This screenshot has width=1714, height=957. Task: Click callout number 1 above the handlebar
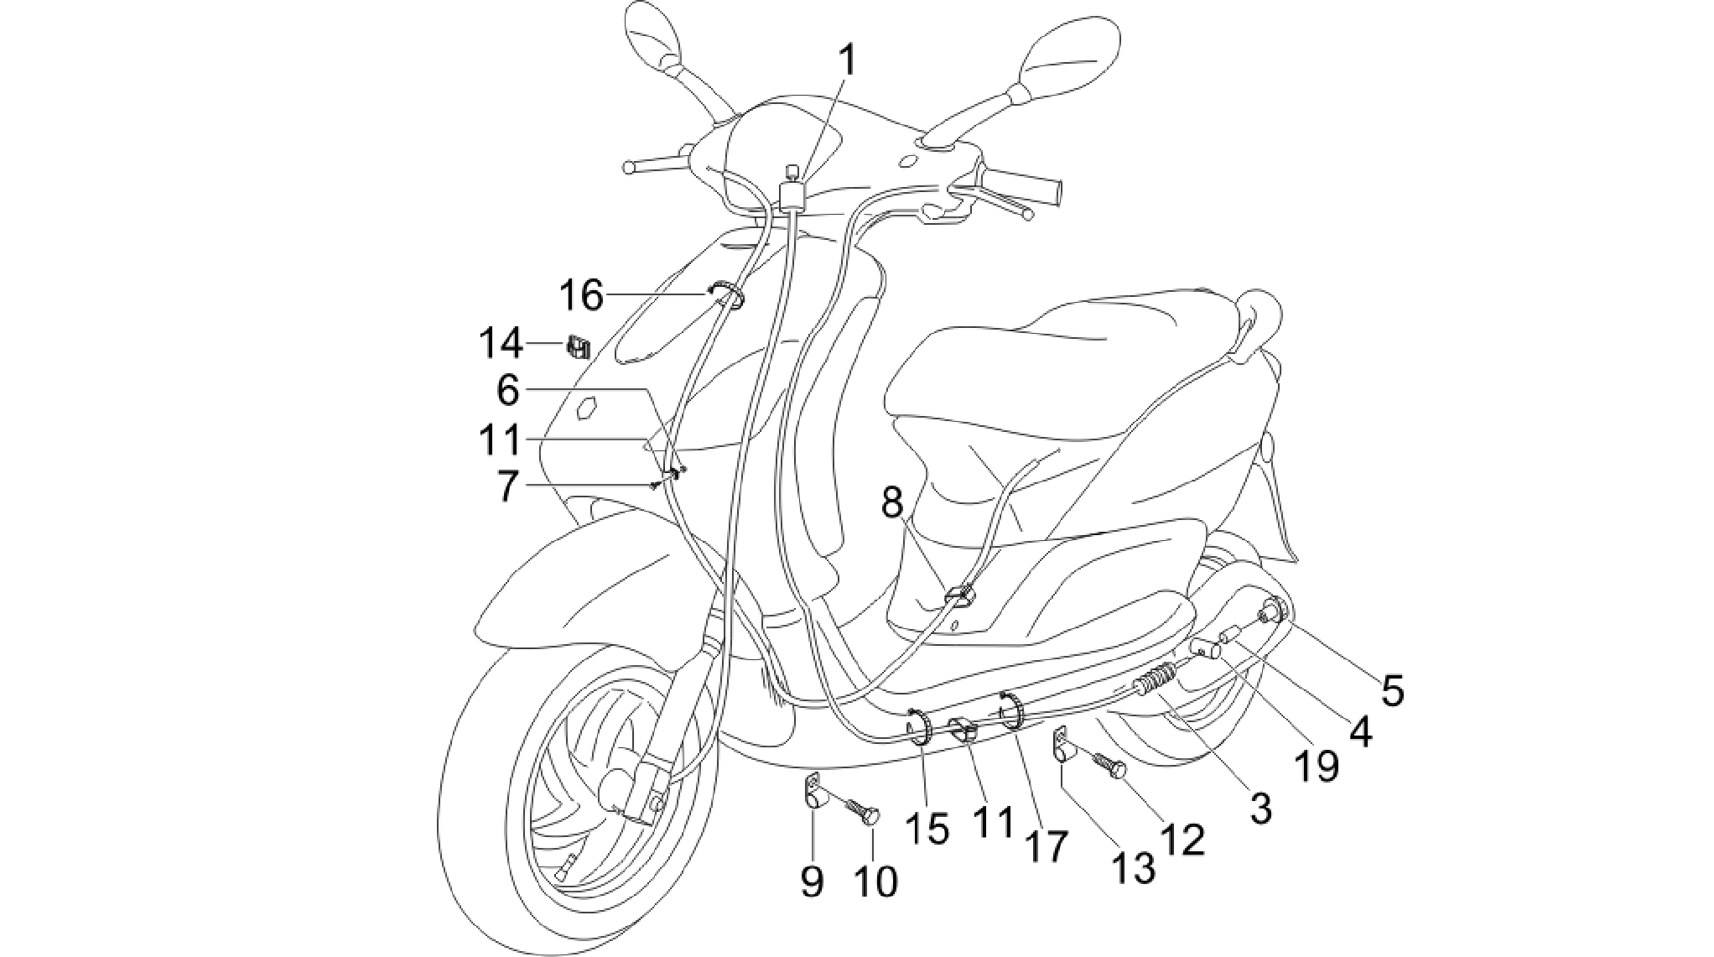848,60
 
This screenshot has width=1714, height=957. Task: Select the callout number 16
581,295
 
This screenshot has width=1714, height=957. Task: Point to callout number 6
508,390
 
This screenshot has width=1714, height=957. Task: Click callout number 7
506,486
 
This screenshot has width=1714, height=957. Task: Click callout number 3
1260,808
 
